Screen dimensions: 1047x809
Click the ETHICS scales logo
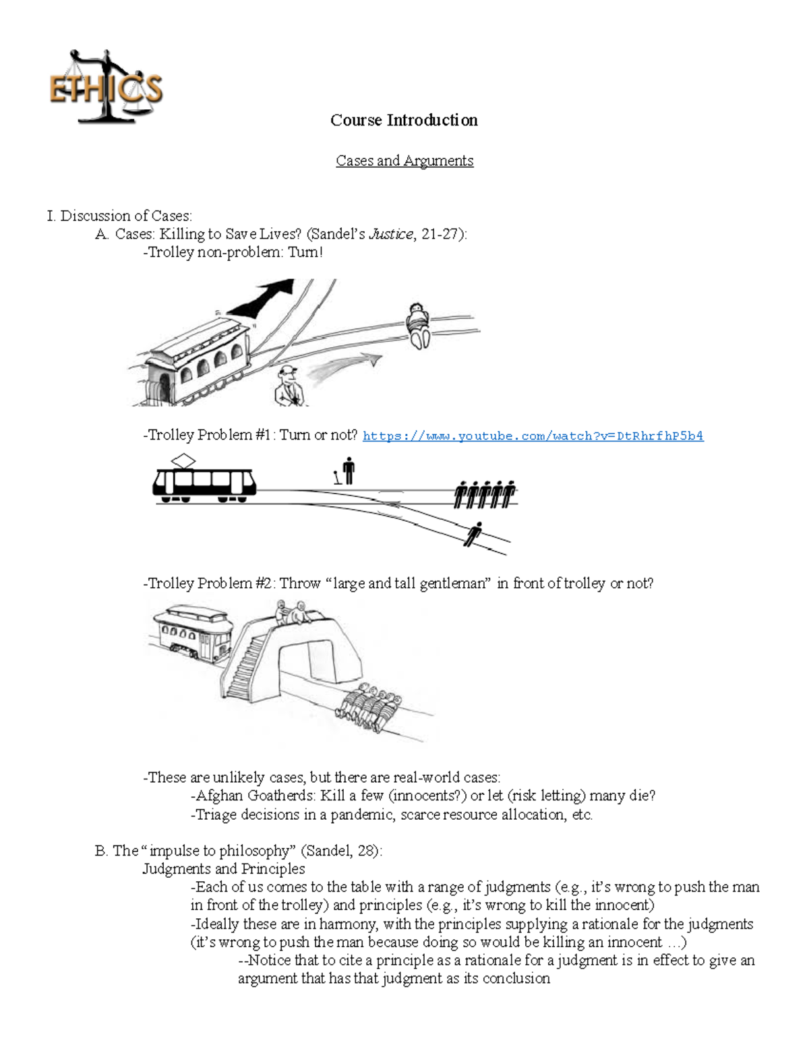click(x=106, y=88)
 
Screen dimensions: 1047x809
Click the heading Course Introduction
click(x=404, y=120)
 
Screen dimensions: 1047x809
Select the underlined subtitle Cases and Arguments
click(x=404, y=160)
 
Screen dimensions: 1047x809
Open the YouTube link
click(x=533, y=436)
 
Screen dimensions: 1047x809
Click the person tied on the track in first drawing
click(x=418, y=325)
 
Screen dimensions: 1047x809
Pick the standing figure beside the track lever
click(x=348, y=471)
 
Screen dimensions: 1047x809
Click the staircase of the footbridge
click(x=244, y=667)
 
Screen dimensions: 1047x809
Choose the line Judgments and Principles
click(x=223, y=868)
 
